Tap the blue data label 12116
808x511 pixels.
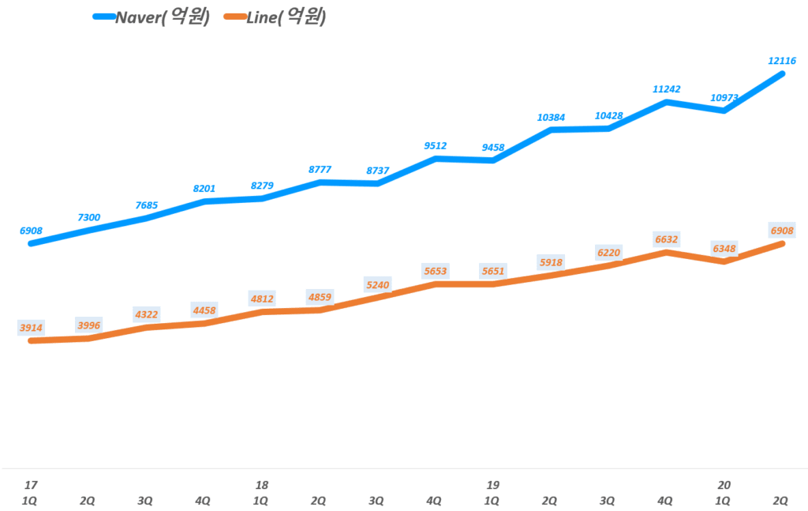[x=781, y=60]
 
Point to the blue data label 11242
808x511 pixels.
[x=666, y=89]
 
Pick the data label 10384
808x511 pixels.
[x=551, y=117]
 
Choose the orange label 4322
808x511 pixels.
[x=146, y=314]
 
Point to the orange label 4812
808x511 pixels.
[x=262, y=299]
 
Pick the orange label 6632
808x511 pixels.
[x=666, y=239]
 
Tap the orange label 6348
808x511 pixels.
[x=724, y=249]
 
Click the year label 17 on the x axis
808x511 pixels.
[x=30, y=484]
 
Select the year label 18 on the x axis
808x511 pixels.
[x=261, y=484]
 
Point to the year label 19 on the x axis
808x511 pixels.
[x=492, y=484]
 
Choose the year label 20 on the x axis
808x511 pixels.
[x=723, y=484]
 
